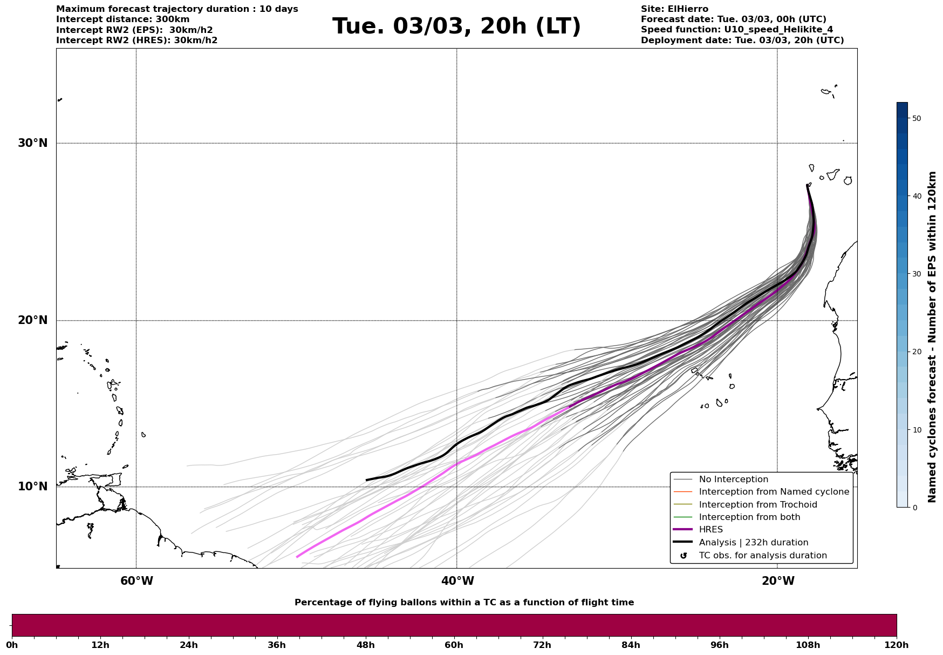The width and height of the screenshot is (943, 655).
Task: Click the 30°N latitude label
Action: point(33,143)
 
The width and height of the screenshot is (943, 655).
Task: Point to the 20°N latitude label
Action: point(33,320)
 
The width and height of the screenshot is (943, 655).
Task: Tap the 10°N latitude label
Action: point(33,487)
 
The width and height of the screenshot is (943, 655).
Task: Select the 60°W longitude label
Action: point(136,581)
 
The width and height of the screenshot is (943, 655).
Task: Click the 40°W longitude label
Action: point(457,581)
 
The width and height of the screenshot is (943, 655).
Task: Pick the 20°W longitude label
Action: point(778,581)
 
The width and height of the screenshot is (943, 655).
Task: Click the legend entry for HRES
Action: point(710,530)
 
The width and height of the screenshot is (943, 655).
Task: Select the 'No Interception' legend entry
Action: point(733,480)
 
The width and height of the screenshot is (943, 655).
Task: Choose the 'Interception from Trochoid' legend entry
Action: point(757,505)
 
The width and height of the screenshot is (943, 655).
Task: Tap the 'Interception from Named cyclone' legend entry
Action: point(774,492)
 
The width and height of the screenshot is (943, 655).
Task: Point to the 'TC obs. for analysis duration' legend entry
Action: point(762,556)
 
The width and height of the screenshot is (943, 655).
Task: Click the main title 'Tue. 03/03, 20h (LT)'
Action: point(456,26)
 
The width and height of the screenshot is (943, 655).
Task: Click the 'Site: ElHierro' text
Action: point(674,9)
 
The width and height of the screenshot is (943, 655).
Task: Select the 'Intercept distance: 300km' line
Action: point(123,19)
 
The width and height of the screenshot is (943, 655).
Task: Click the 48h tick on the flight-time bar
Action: point(365,645)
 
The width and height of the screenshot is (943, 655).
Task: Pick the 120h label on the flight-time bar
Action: point(896,645)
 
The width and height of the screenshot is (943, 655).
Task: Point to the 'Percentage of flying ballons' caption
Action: point(464,603)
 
